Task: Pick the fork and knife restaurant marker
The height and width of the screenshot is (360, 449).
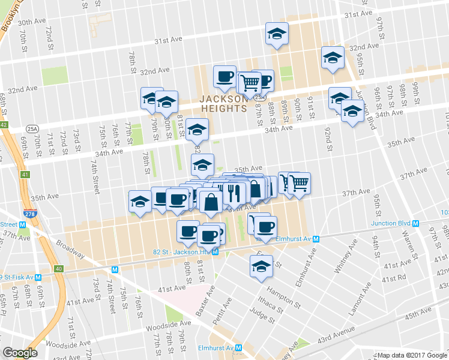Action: tap(234, 193)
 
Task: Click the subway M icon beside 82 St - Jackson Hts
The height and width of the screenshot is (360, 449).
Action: tap(214, 252)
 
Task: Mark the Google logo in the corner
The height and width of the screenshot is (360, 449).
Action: tap(20, 353)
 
